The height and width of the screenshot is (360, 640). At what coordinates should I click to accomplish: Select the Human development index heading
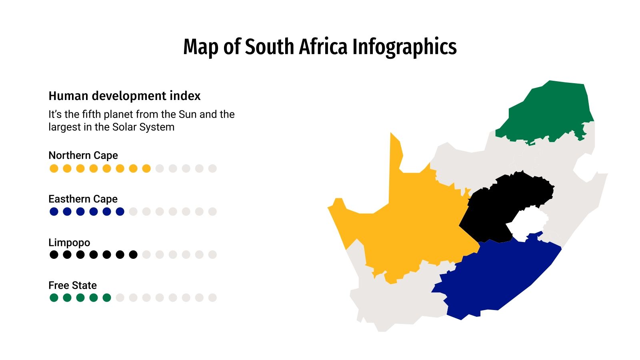click(124, 96)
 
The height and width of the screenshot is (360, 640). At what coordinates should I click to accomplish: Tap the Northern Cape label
click(83, 155)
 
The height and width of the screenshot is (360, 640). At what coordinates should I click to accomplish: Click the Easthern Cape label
click(83, 199)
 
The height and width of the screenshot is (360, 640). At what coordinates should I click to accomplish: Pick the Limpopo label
click(69, 242)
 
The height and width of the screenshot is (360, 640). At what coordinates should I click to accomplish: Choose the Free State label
click(72, 285)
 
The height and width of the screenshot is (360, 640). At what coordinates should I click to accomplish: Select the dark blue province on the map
click(500, 276)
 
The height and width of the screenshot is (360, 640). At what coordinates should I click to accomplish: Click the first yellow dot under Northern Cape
click(54, 168)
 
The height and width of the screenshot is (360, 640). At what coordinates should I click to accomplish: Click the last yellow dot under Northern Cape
click(146, 168)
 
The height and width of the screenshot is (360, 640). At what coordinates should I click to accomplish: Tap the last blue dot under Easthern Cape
click(120, 212)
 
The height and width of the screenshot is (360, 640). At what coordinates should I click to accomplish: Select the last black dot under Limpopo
click(133, 254)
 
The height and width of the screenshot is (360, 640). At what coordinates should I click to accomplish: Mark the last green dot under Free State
click(107, 298)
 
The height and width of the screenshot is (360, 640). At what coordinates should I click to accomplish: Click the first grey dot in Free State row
click(120, 298)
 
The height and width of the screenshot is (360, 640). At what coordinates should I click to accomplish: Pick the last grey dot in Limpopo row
click(212, 254)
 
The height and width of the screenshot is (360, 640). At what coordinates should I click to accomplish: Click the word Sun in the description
click(187, 114)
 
